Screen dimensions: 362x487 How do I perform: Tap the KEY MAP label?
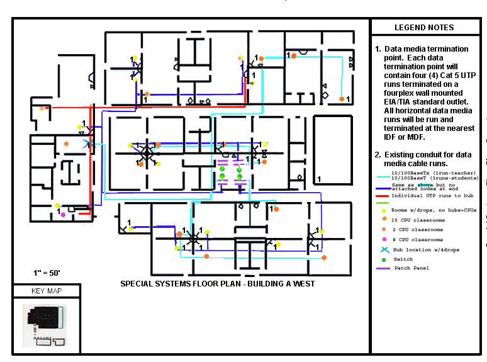coord(46,291)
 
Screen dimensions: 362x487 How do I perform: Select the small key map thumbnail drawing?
coord(45,325)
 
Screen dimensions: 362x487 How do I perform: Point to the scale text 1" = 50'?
coord(47,273)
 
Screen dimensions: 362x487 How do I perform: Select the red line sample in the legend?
coord(382,196)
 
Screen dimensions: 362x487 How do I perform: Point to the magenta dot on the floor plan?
coord(62,215)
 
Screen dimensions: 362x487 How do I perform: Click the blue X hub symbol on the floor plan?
coord(87,144)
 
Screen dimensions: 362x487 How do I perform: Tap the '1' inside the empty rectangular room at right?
coord(320,179)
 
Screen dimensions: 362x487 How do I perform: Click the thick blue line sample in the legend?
coord(382,188)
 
